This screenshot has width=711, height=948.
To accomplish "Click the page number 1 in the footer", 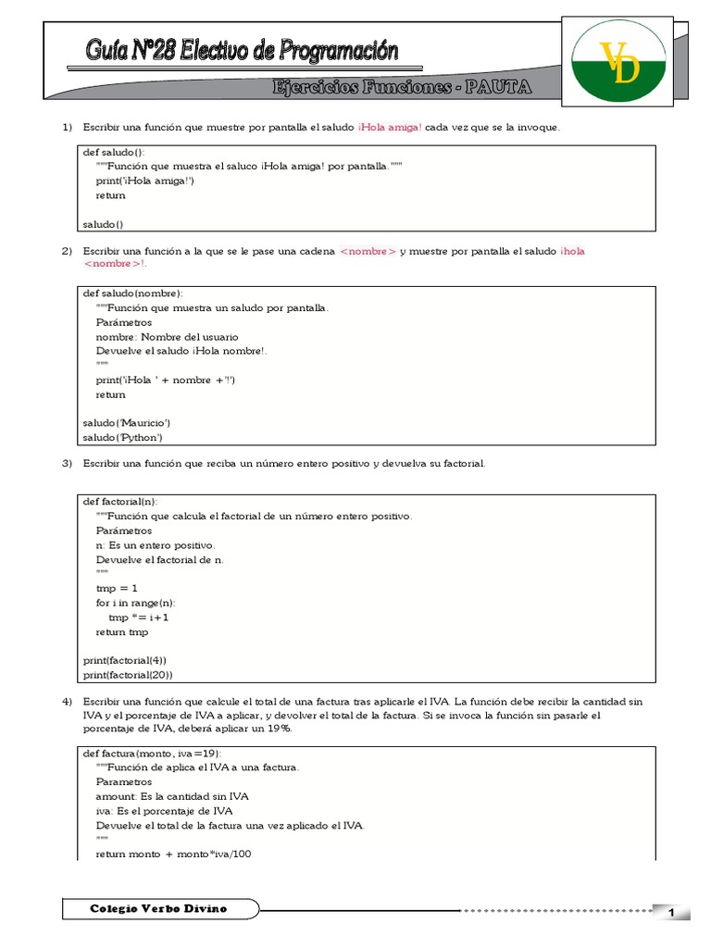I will click(670, 914).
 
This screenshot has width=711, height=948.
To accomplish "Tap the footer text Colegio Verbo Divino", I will click(158, 909).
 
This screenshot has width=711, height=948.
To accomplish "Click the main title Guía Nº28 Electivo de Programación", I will click(242, 51).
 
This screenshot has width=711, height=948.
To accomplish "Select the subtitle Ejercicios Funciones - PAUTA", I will click(402, 87).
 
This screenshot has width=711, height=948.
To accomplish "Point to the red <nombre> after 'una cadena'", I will click(368, 251).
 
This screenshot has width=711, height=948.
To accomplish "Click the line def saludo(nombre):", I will click(132, 293).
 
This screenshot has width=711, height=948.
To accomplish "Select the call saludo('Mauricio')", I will click(127, 423).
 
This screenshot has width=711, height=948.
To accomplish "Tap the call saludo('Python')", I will click(123, 437).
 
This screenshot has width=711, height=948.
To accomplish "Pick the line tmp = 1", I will click(117, 588).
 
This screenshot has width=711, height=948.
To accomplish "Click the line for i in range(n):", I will click(135, 603).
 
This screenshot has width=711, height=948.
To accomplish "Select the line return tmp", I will click(121, 632).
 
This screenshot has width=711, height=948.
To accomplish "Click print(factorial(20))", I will click(128, 675).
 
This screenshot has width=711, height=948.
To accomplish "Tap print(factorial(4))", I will click(125, 660).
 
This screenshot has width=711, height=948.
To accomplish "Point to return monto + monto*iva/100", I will click(173, 854).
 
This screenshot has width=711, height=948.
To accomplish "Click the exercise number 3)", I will click(67, 463).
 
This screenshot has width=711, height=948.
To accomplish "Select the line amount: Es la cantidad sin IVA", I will click(171, 796).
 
